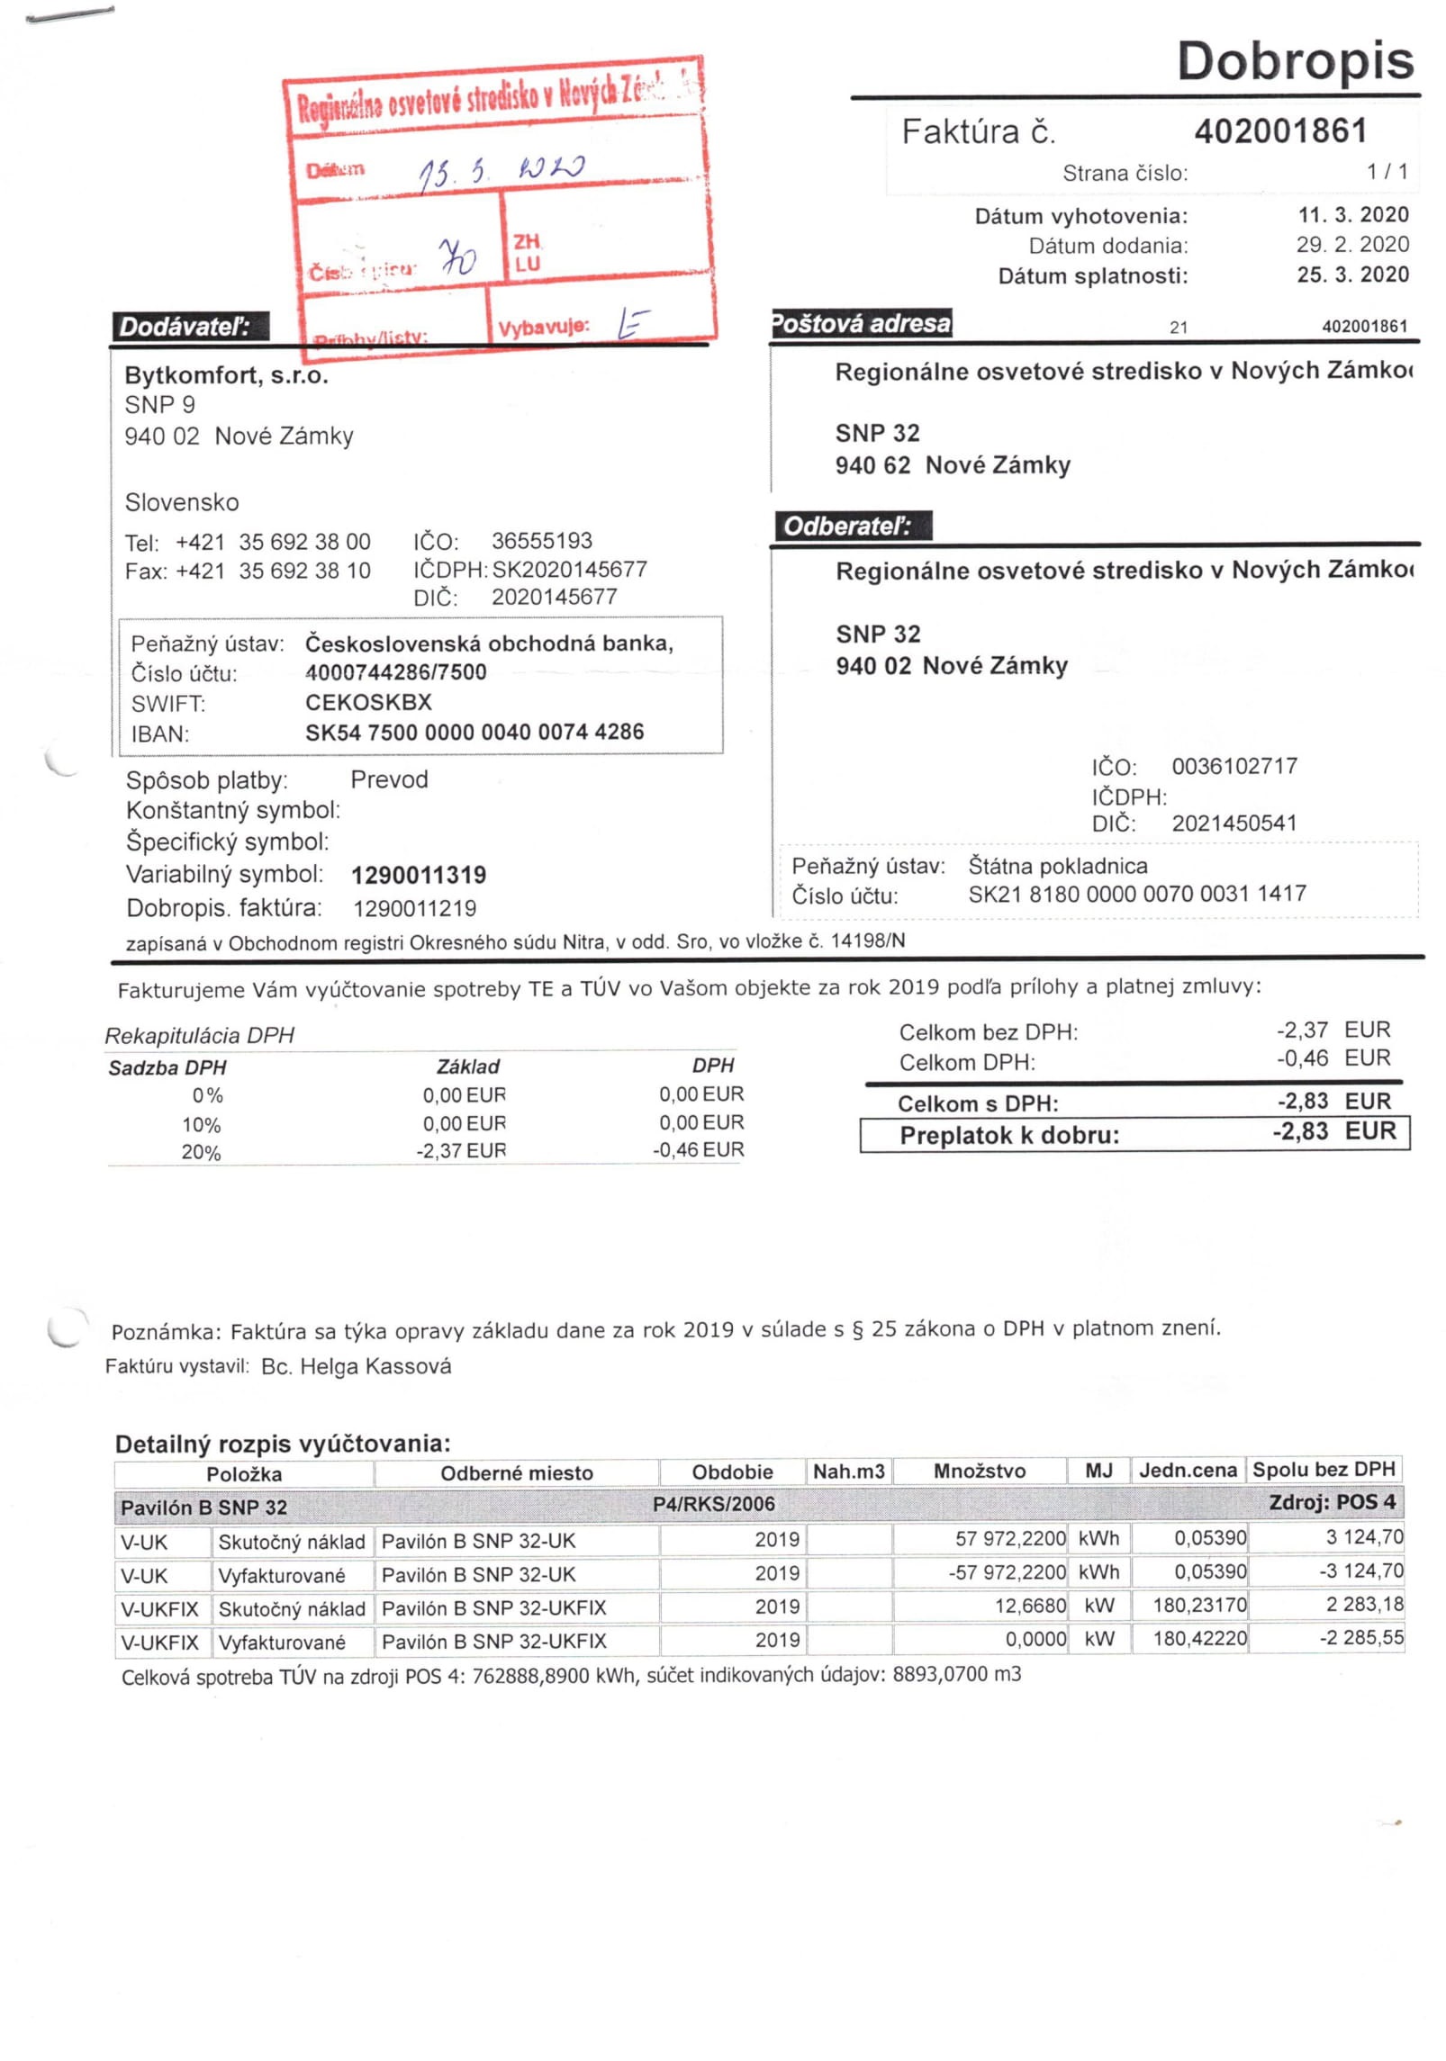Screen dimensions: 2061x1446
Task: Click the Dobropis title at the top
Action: pyautogui.click(x=1294, y=60)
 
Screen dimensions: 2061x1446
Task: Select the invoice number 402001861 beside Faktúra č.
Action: pyautogui.click(x=1279, y=131)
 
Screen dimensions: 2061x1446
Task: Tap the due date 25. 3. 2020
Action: pyautogui.click(x=1351, y=274)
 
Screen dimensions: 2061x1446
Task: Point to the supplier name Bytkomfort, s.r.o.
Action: pyautogui.click(x=226, y=375)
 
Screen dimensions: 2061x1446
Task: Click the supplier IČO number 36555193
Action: pyautogui.click(x=541, y=541)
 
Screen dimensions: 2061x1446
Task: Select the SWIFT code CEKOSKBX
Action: pyautogui.click(x=368, y=702)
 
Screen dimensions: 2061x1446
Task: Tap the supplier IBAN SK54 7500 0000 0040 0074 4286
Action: pyautogui.click(x=474, y=732)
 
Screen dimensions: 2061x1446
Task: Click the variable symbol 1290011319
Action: pyautogui.click(x=419, y=875)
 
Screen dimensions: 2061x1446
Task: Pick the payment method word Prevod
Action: pyautogui.click(x=389, y=779)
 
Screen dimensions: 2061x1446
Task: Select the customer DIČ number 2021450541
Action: pyautogui.click(x=1234, y=823)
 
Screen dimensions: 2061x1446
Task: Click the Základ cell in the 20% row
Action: pyautogui.click(x=461, y=1150)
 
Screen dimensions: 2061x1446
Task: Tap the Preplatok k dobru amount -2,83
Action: pyautogui.click(x=1300, y=1131)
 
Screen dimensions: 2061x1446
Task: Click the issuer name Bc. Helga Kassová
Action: pyautogui.click(x=356, y=1366)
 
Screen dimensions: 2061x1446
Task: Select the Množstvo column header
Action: pyautogui.click(x=979, y=1471)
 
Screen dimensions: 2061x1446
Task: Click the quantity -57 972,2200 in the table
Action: pyautogui.click(x=1007, y=1572)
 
